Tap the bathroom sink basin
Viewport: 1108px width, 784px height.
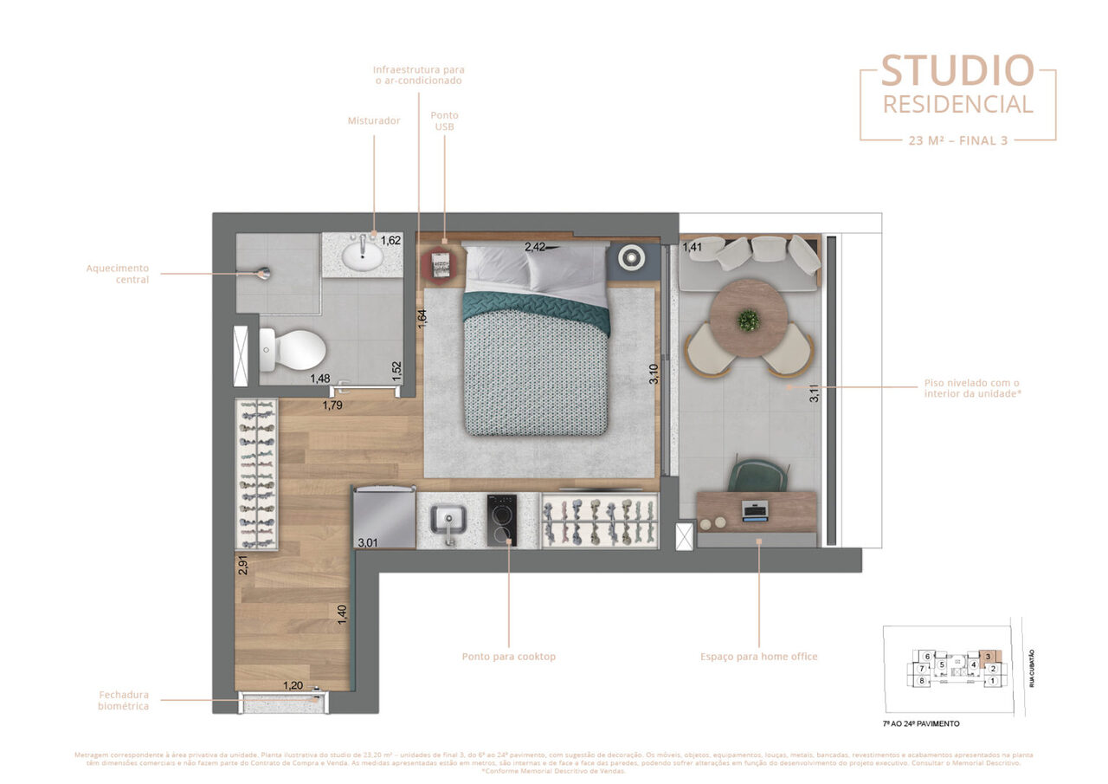[x=364, y=255]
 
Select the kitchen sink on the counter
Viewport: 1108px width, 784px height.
[x=448, y=521]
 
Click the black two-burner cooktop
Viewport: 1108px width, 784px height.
[x=502, y=520]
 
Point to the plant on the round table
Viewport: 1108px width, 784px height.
[x=748, y=321]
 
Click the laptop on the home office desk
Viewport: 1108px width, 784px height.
[x=755, y=510]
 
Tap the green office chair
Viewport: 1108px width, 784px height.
[x=757, y=476]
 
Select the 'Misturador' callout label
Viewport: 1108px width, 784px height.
[x=374, y=120]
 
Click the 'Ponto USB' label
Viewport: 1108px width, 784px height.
[x=445, y=120]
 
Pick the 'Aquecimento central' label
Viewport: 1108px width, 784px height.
[x=118, y=274]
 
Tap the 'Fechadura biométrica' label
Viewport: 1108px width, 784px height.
[x=123, y=700]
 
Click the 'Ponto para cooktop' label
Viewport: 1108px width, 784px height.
[x=509, y=657]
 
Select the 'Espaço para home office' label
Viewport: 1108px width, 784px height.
[x=759, y=657]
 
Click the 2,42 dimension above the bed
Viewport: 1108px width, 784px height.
[x=535, y=247]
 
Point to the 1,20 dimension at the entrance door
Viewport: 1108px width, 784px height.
[x=293, y=685]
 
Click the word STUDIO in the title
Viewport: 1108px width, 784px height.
[x=957, y=71]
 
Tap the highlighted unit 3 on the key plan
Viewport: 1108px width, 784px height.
[x=988, y=657]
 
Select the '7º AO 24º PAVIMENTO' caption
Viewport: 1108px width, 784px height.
[x=916, y=722]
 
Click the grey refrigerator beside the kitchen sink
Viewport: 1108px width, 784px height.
[x=384, y=516]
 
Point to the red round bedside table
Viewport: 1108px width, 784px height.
[x=441, y=263]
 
